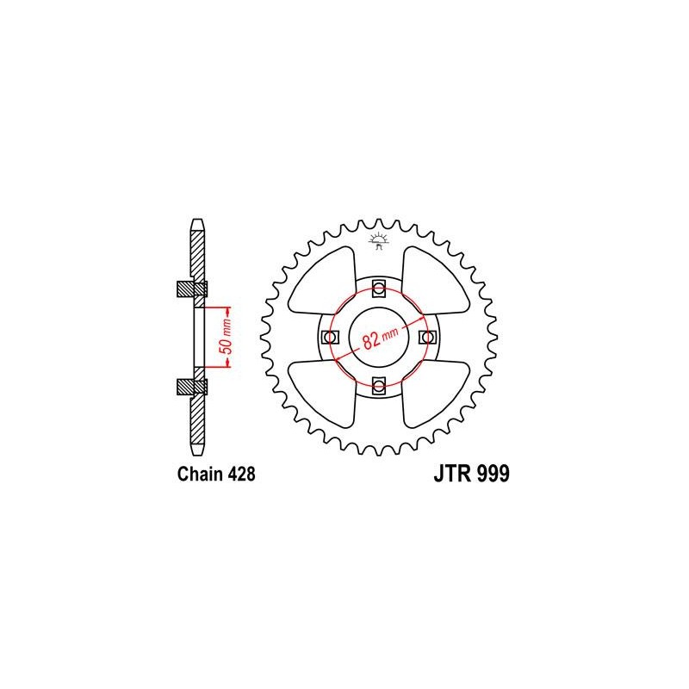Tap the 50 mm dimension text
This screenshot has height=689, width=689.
pyautogui.click(x=227, y=337)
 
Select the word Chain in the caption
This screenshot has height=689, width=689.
pyautogui.click(x=200, y=475)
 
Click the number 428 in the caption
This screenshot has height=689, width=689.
pyautogui.click(x=241, y=475)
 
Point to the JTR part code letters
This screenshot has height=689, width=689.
pyautogui.click(x=453, y=474)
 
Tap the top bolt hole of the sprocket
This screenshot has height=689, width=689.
pyautogui.click(x=379, y=289)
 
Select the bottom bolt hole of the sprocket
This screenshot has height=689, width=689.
pyautogui.click(x=379, y=386)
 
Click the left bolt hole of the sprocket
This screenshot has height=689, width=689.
pyautogui.click(x=330, y=338)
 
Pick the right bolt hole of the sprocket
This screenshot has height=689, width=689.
pyautogui.click(x=427, y=338)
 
